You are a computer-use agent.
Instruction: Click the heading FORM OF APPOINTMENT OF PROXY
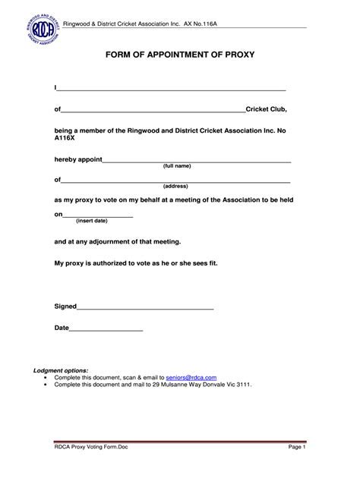click(179, 55)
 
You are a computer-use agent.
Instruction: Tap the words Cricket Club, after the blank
click(266, 109)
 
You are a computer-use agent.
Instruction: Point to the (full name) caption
click(177, 166)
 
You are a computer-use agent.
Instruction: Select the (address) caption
click(175, 186)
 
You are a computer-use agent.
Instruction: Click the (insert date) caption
click(92, 221)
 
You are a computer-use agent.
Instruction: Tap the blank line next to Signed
click(145, 307)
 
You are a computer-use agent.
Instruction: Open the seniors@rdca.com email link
click(191, 377)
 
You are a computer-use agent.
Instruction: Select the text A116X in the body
click(66, 140)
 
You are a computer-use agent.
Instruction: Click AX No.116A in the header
click(194, 24)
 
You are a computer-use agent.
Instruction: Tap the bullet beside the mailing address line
click(46, 385)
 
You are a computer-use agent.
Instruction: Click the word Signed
click(65, 307)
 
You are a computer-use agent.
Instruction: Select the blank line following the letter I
click(172, 89)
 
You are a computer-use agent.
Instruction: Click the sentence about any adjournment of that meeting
click(118, 242)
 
